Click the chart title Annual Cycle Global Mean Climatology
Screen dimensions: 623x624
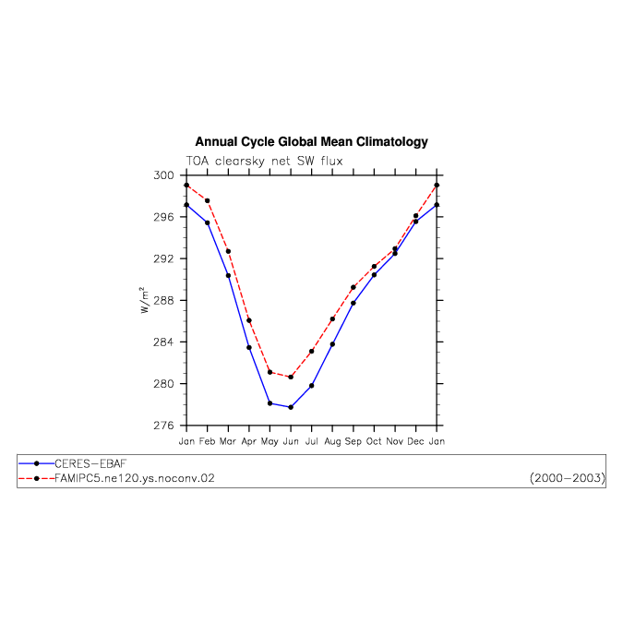tap(311, 141)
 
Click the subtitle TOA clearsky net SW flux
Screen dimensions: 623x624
tap(264, 161)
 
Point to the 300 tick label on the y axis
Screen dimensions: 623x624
tap(164, 175)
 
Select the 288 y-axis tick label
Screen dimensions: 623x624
tap(164, 300)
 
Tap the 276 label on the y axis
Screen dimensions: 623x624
tap(164, 426)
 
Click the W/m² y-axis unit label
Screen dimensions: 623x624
tap(144, 300)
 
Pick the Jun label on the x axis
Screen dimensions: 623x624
tap(291, 441)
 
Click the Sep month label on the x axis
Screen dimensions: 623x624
tap(353, 441)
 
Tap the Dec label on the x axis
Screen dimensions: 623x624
tap(415, 441)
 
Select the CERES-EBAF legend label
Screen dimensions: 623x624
tap(90, 463)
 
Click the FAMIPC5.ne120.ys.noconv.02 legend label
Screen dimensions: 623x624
tap(135, 478)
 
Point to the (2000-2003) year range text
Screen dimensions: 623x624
tap(568, 478)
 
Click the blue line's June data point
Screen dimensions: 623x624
tap(291, 407)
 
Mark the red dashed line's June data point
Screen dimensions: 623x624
tap(291, 377)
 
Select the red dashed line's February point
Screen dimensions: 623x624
tap(208, 200)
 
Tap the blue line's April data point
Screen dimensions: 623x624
tap(249, 347)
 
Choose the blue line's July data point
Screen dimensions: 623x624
tap(312, 386)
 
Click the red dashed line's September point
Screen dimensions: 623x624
tap(353, 287)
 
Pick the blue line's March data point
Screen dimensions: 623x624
tap(228, 275)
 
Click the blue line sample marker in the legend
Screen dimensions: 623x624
tap(37, 463)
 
